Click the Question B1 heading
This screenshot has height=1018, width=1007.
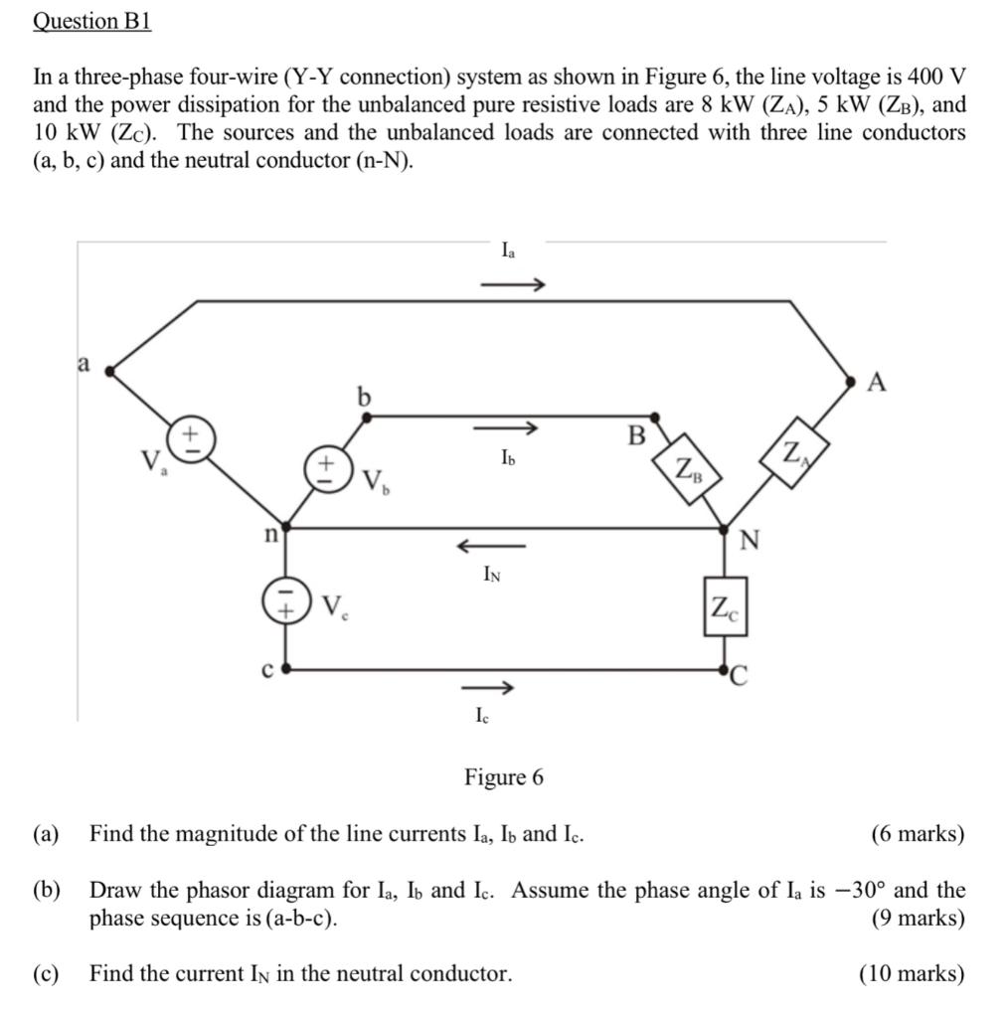tap(91, 21)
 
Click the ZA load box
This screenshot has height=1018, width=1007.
tap(793, 456)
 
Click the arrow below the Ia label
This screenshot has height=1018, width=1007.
tap(512, 286)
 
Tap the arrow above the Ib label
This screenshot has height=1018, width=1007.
tap(505, 429)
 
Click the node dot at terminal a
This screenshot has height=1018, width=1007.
tap(109, 371)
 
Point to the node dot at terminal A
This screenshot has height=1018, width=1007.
tap(851, 381)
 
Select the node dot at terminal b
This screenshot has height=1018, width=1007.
tap(367, 419)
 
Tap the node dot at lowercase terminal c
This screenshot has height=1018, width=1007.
tap(286, 670)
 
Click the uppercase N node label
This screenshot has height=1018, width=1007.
tap(750, 540)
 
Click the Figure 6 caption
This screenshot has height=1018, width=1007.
tap(504, 777)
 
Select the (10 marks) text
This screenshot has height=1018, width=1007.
tap(912, 973)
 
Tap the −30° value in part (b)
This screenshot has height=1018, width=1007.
tap(859, 890)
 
